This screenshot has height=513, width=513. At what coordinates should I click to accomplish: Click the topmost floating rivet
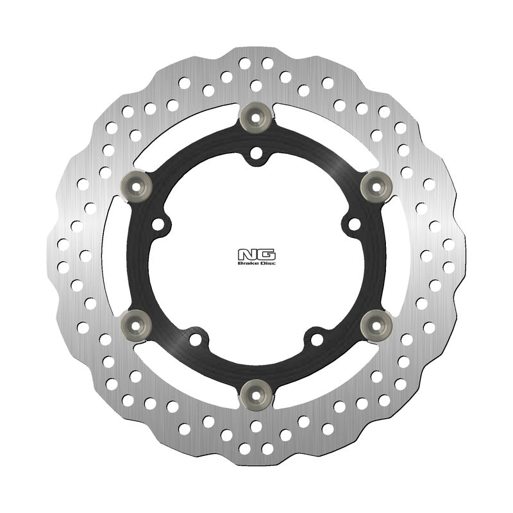tap(256, 117)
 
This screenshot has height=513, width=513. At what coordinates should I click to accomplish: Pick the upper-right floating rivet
tap(376, 186)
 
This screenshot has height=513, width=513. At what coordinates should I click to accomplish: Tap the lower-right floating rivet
tap(376, 324)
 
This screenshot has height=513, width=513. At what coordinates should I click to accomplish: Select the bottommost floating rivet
tap(256, 392)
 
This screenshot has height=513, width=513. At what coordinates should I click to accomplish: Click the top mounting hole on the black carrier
tap(256, 154)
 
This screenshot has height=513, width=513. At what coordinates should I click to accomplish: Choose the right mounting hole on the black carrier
tap(353, 224)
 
